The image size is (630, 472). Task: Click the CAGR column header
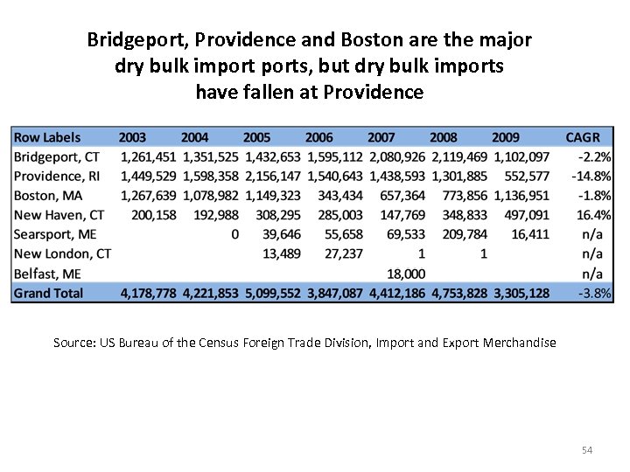click(583, 137)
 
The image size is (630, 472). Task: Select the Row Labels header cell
click(47, 137)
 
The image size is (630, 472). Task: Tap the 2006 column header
click(319, 137)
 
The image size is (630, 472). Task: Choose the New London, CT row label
click(63, 253)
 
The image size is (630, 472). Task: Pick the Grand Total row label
click(49, 293)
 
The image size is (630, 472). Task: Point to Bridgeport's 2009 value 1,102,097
click(521, 156)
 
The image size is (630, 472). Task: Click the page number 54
click(587, 450)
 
